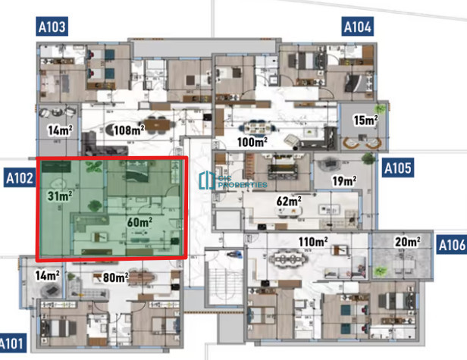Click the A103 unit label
[x=52, y=27]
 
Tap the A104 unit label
[x=357, y=27]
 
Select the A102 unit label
[x=20, y=178]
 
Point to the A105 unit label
[x=398, y=168]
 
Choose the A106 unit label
[x=452, y=245]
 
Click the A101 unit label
[x=12, y=343]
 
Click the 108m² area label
[x=129, y=130]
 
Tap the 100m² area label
[x=252, y=142]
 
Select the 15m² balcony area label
[x=365, y=120]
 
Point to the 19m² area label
[x=344, y=180]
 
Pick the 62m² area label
[x=289, y=201]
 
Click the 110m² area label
[x=313, y=242]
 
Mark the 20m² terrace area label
[x=408, y=242]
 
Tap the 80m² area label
[x=115, y=277]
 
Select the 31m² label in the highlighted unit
[x=60, y=196]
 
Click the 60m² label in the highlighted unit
[x=139, y=222]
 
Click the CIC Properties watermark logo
[x=233, y=180]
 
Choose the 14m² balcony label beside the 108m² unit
[x=60, y=130]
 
